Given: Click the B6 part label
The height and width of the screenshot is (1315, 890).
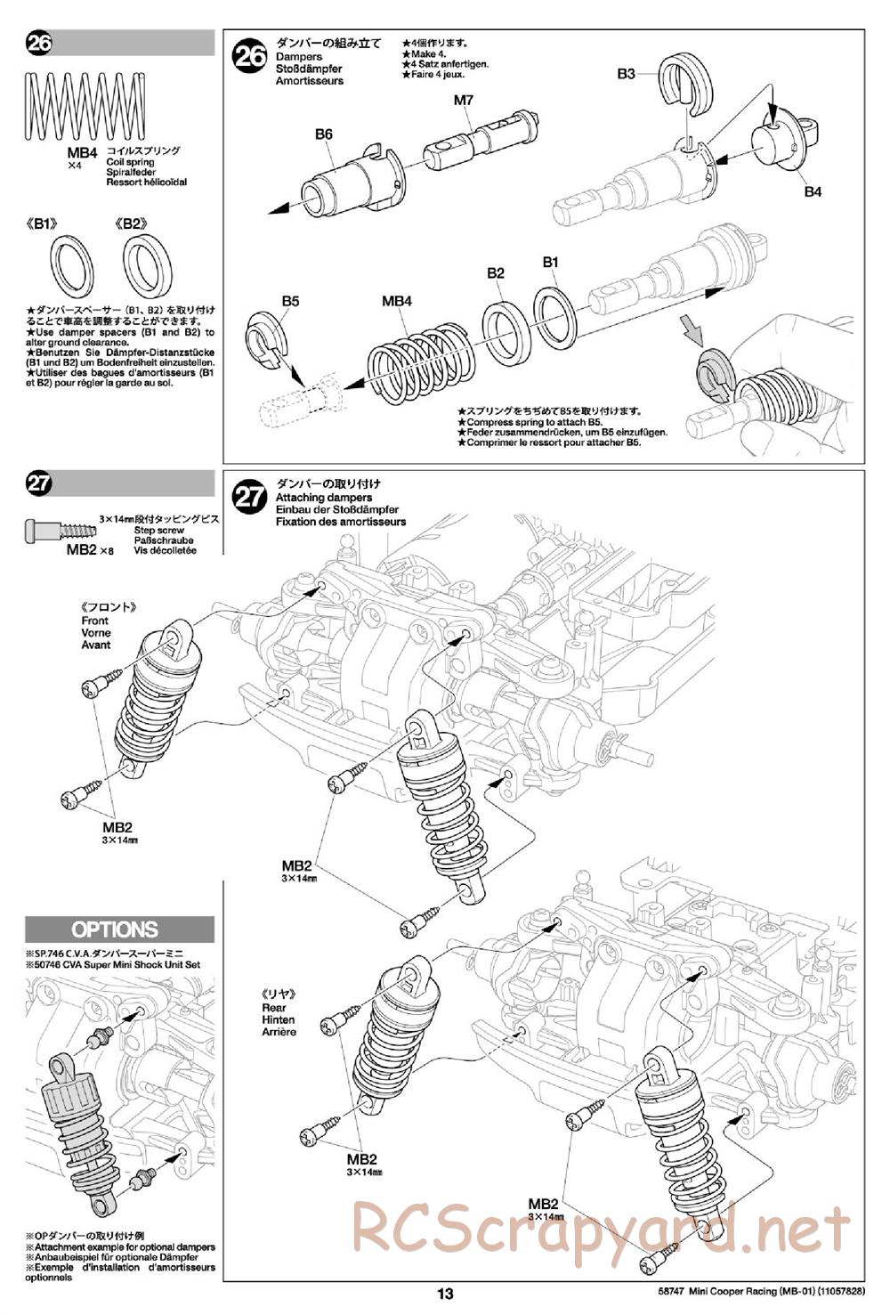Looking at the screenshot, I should click(x=323, y=134).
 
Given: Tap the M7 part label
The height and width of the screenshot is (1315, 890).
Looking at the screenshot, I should click(x=464, y=100).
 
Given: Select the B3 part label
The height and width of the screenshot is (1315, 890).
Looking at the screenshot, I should click(x=627, y=74).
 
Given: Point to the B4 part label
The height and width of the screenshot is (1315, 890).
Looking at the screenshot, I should click(x=813, y=191).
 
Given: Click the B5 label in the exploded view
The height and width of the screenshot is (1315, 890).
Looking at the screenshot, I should click(x=290, y=302).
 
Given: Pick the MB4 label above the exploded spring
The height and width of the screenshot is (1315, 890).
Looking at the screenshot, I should click(x=396, y=302).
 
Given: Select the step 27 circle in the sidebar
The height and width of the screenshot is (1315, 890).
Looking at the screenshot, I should click(x=39, y=483).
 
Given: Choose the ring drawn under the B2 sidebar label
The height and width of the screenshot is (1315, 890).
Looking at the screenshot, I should click(x=147, y=266).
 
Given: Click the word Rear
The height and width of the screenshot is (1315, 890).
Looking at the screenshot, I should click(x=274, y=1007).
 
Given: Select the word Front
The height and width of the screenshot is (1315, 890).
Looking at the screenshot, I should click(x=94, y=621).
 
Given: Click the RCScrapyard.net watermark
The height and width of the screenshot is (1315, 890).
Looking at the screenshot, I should click(x=600, y=1230).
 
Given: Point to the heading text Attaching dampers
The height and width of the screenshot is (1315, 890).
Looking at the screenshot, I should click(x=324, y=498).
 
